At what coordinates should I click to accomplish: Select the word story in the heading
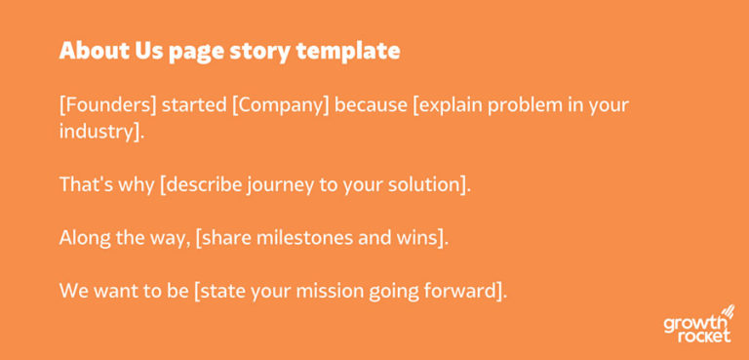255,51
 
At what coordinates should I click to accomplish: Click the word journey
270,183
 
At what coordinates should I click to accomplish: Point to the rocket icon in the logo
726,313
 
